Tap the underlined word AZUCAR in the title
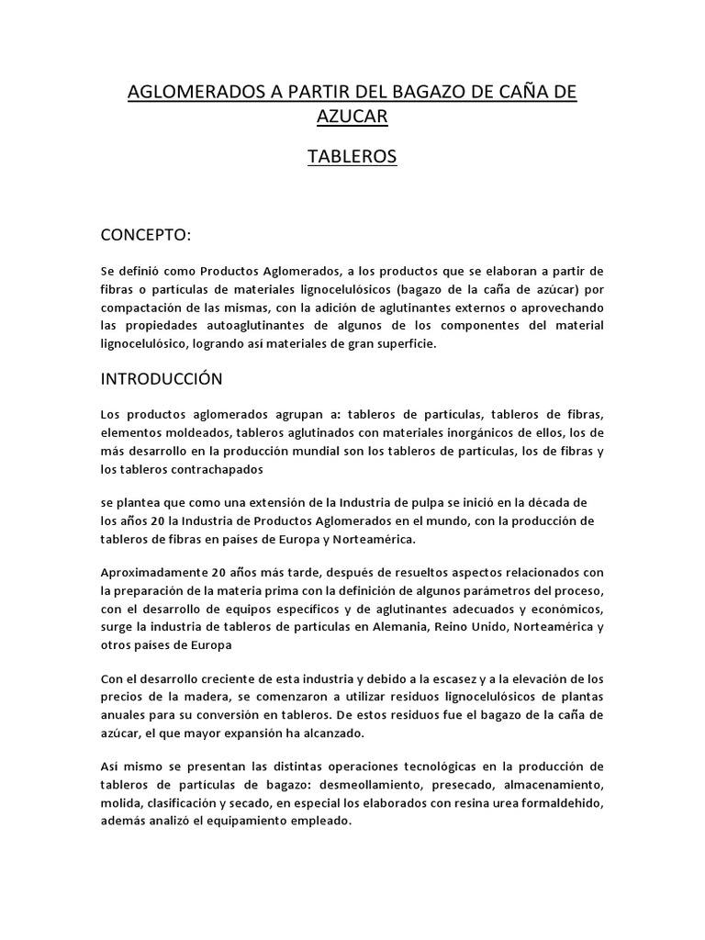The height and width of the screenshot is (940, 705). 352,117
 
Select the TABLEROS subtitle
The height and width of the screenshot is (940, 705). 352,157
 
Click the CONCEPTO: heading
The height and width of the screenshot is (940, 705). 146,235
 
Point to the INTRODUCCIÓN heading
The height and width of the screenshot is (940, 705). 162,378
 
